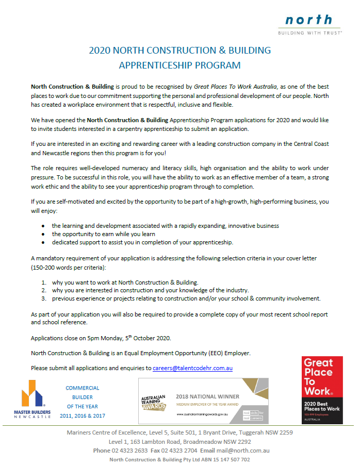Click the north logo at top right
pyautogui.click(x=309, y=24)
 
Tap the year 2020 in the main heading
pyautogui.click(x=100, y=51)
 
